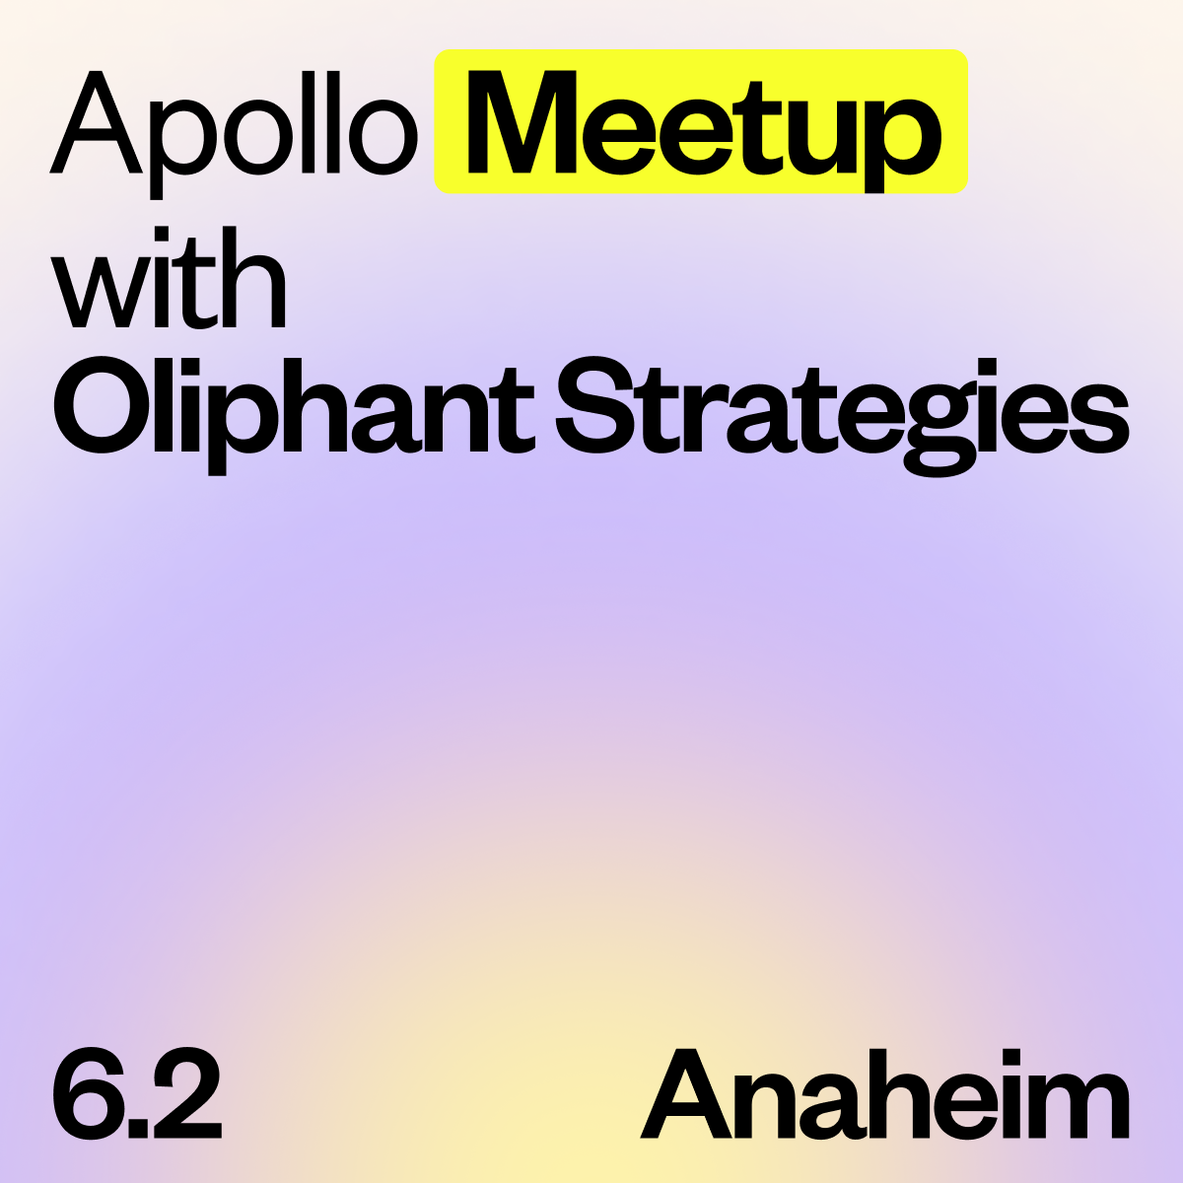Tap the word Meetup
(704, 131)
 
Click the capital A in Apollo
(96, 122)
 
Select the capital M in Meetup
(522, 122)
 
